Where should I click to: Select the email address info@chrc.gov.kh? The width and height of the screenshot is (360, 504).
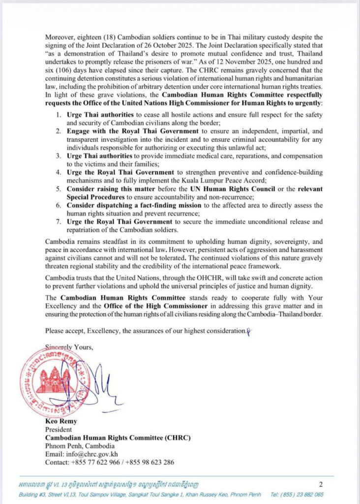(93, 454)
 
